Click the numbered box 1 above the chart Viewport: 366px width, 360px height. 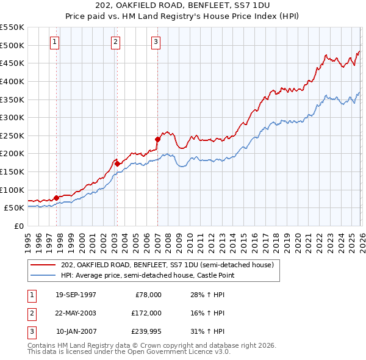[55, 42]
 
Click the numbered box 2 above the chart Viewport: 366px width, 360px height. [115, 42]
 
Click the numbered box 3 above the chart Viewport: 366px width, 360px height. [156, 42]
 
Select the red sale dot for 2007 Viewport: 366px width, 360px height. [157, 139]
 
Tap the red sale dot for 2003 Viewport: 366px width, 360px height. [117, 164]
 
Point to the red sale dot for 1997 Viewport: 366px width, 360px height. [56, 198]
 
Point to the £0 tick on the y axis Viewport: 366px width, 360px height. [19, 226]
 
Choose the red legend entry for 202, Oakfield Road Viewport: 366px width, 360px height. [171, 265]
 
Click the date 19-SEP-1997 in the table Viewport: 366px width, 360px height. [76, 295]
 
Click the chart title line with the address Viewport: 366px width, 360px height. [183, 5]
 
